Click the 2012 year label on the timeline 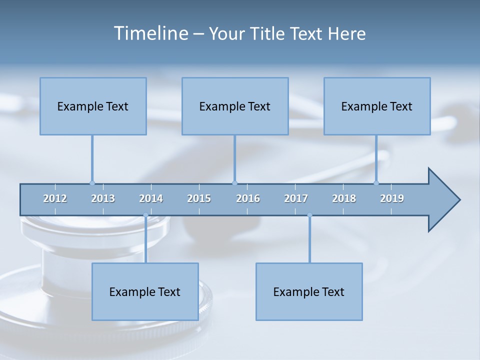pyautogui.click(x=55, y=198)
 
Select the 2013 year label pyautogui.click(x=103, y=198)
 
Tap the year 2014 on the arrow pyautogui.click(x=151, y=198)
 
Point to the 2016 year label pyautogui.click(x=248, y=198)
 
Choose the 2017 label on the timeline pyautogui.click(x=296, y=198)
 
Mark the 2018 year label pyautogui.click(x=344, y=198)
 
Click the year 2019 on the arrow pyautogui.click(x=392, y=198)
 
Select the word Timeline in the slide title pyautogui.click(x=150, y=33)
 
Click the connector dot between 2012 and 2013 pyautogui.click(x=92, y=183)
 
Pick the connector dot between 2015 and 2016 pyautogui.click(x=234, y=183)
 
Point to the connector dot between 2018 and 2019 pyautogui.click(x=376, y=183)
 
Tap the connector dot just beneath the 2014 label pyautogui.click(x=145, y=215)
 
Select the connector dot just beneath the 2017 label pyautogui.click(x=309, y=215)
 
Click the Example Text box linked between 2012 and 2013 pyautogui.click(x=93, y=106)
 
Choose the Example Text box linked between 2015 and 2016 pyautogui.click(x=235, y=106)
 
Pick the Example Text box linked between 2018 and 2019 pyautogui.click(x=377, y=106)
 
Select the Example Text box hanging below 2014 pyautogui.click(x=145, y=291)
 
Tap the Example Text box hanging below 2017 pyautogui.click(x=309, y=291)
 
